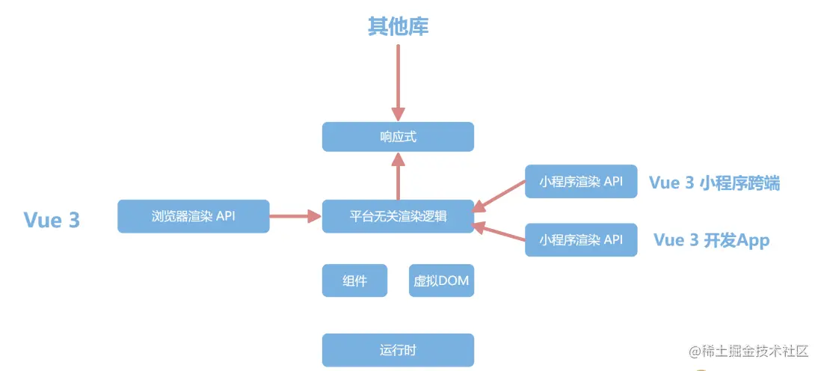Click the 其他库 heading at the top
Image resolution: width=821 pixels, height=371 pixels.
[x=398, y=27]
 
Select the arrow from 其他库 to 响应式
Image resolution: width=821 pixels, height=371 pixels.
[x=398, y=79]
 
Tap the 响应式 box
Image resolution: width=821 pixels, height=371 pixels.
[x=398, y=138]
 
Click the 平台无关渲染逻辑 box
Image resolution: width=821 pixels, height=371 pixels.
[x=398, y=216]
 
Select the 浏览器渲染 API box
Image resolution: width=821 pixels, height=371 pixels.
[x=194, y=216]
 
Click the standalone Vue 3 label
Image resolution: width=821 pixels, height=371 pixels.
[x=52, y=220]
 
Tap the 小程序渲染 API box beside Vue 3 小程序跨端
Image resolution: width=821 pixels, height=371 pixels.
[x=581, y=181]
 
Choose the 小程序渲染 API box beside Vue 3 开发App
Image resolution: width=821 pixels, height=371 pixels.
[x=581, y=239]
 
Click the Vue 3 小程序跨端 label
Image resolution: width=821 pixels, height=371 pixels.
[x=714, y=183]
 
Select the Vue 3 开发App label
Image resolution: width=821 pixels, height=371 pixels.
[x=711, y=239]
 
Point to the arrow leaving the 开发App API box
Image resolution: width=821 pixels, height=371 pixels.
[x=499, y=234]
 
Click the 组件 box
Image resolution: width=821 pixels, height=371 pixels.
[x=354, y=280]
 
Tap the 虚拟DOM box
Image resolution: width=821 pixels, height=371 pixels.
[x=441, y=280]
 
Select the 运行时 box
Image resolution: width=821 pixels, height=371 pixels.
[x=398, y=350]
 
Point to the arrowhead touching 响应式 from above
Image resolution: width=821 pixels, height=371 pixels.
[x=398, y=114]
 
